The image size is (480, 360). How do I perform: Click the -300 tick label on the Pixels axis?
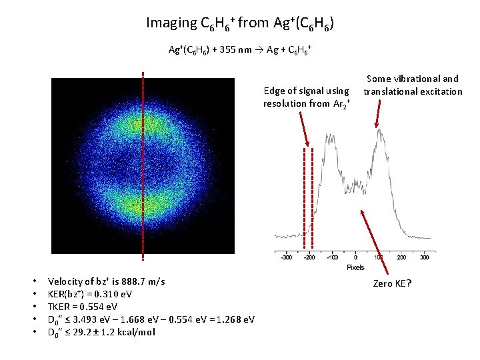click(x=285, y=257)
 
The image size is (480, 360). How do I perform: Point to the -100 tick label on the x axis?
click(x=332, y=257)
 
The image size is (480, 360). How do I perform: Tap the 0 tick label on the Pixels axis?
click(x=355, y=257)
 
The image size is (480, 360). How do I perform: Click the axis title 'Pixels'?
click(x=355, y=267)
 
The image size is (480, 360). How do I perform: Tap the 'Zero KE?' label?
click(x=392, y=284)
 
